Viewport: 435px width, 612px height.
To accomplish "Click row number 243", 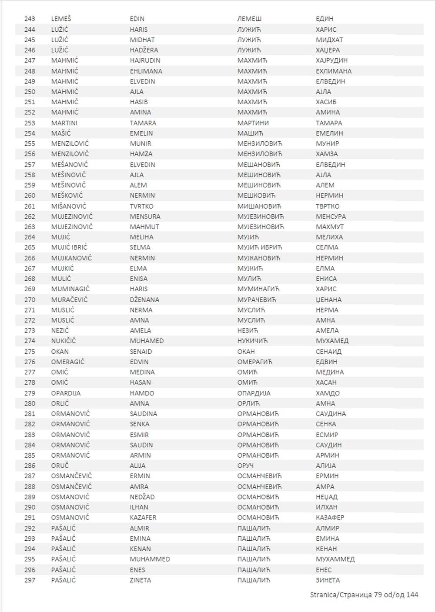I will pos(30,19).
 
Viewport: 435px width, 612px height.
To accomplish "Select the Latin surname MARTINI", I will pos(64,123).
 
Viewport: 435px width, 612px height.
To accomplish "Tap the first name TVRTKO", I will pos(141,206).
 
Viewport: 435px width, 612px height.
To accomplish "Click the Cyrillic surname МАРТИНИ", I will pos(253,123).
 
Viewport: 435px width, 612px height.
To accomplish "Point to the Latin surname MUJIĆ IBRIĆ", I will pos(69,247).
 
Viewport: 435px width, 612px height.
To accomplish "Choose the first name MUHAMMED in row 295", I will pos(150,559).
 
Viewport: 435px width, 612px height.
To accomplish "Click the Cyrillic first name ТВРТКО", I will pos(328,206).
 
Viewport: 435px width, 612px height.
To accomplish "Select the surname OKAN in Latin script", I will pos(60,351).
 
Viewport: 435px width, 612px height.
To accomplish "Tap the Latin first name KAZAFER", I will pos(143,517).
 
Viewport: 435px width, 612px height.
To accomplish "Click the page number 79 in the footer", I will pos(378,595).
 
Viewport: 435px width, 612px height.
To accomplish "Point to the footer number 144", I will pos(412,595).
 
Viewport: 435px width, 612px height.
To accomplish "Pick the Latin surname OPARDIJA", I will pos(66,393).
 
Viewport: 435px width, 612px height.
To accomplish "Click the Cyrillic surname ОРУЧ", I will pos(245,466).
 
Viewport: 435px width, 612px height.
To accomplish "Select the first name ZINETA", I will pos(140,580).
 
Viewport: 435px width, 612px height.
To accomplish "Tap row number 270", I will pos(30,299).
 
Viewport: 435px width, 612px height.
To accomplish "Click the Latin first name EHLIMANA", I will pos(146,71).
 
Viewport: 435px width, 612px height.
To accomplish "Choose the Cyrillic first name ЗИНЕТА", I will pos(328,580).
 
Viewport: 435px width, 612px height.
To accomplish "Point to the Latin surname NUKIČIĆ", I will pos(64,341).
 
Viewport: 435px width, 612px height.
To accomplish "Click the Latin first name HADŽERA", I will pos(144,50).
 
